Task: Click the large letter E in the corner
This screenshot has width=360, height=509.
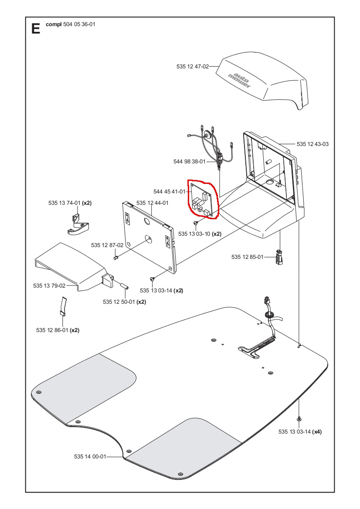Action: [x=36, y=29]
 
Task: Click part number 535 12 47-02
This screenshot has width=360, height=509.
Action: [x=193, y=67]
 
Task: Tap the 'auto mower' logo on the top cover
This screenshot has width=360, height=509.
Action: [x=240, y=79]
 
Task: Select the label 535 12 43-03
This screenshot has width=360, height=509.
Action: [x=312, y=144]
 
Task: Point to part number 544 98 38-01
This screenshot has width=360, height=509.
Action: [x=189, y=162]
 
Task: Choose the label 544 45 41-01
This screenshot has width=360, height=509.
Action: [x=170, y=191]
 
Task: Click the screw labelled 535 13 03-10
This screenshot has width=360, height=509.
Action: [x=196, y=223]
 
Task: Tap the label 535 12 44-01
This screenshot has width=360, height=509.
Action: [x=152, y=203]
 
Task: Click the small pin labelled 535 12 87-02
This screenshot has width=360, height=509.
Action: [x=116, y=258]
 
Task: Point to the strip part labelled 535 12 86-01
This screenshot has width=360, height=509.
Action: [x=63, y=305]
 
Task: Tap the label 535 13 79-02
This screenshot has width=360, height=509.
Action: [x=49, y=286]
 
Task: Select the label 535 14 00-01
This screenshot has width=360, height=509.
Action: [x=90, y=457]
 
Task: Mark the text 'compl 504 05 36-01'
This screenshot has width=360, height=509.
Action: [x=71, y=24]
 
